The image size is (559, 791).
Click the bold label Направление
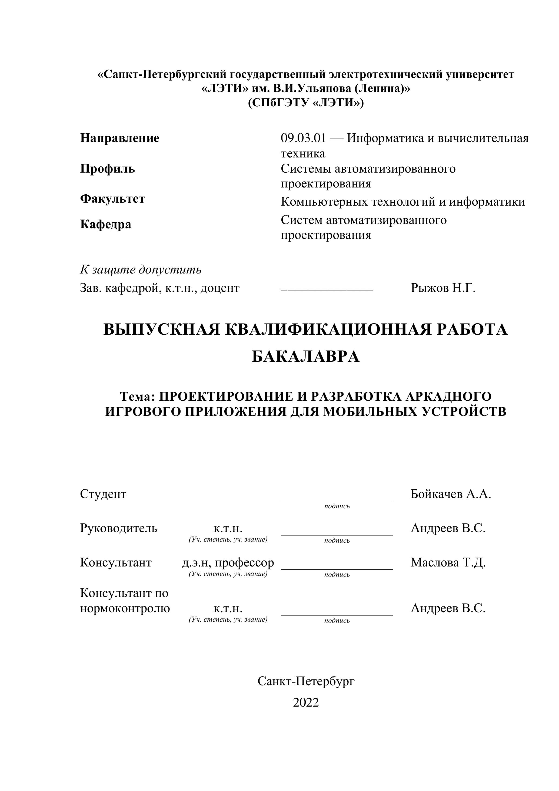pyautogui.click(x=120, y=138)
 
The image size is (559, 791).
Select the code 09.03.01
pyautogui.click(x=303, y=138)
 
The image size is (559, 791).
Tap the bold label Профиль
pyautogui.click(x=107, y=169)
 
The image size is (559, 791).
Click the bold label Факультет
pyautogui.click(x=112, y=199)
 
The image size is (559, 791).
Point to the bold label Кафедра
pyautogui.click(x=106, y=224)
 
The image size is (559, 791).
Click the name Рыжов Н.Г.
pyautogui.click(x=443, y=288)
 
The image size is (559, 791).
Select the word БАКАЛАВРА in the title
pyautogui.click(x=306, y=357)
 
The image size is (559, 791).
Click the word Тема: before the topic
pyautogui.click(x=137, y=397)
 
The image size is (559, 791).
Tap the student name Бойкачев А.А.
pyautogui.click(x=451, y=494)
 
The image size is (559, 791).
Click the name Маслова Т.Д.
pyautogui.click(x=448, y=563)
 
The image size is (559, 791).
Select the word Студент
pyautogui.click(x=103, y=494)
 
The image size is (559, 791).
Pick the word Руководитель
pyautogui.click(x=119, y=528)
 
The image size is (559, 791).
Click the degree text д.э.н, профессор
pyautogui.click(x=228, y=563)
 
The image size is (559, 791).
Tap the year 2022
pyautogui.click(x=306, y=702)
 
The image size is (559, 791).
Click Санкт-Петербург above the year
pyautogui.click(x=306, y=681)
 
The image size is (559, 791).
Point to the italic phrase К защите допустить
pyautogui.click(x=141, y=269)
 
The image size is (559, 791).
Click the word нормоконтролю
pyautogui.click(x=125, y=608)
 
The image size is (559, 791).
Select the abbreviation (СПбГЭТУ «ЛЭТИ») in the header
pyautogui.click(x=306, y=103)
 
